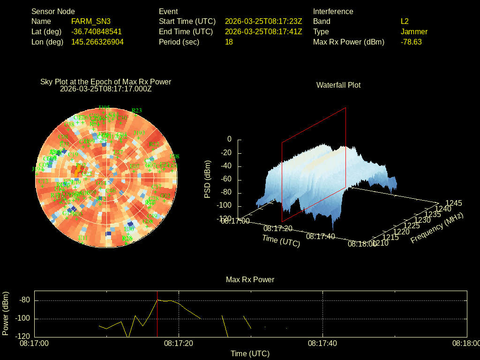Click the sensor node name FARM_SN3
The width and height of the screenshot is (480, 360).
tap(91, 22)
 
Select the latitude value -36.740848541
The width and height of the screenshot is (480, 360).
tap(97, 32)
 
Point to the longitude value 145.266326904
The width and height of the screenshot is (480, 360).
tap(97, 42)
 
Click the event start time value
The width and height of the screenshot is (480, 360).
tap(263, 22)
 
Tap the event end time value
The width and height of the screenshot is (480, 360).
tap(263, 32)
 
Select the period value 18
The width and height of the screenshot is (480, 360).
tap(229, 42)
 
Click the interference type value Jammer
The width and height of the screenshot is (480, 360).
tap(414, 32)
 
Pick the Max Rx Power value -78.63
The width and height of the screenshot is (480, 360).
tap(411, 42)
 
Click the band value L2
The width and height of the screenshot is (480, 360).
tap(405, 22)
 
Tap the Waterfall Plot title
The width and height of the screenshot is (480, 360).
tap(338, 85)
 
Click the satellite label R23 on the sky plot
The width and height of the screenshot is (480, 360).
tap(136, 111)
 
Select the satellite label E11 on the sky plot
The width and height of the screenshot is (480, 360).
tap(83, 238)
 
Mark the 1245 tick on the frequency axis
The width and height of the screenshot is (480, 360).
tap(453, 203)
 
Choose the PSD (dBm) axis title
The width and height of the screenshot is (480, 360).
tap(208, 180)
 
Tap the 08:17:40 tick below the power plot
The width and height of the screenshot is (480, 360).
tap(322, 344)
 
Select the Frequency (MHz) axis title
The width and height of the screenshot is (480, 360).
tap(437, 227)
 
